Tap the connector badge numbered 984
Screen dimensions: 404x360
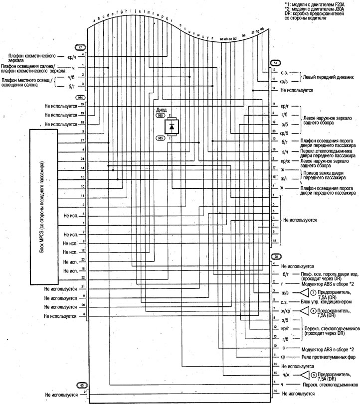pos(79,99)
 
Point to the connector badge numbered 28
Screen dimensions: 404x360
pos(276,257)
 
